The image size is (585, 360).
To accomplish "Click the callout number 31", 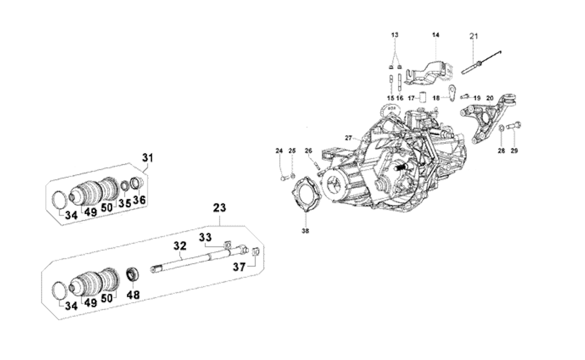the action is [x=148, y=158].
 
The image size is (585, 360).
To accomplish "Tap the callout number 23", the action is [x=220, y=208].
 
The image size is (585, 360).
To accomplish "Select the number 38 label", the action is [x=305, y=231].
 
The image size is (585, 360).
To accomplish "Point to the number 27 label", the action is [x=349, y=138].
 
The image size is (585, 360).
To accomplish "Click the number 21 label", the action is [x=474, y=36].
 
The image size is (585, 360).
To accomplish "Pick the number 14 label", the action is [x=436, y=35].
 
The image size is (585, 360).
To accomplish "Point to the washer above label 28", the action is [x=501, y=128].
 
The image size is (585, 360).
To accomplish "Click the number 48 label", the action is [x=133, y=295].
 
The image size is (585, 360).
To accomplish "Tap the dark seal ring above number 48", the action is [x=133, y=274].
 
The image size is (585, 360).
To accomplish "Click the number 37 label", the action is [x=239, y=267].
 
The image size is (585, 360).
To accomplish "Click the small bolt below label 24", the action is [x=284, y=179].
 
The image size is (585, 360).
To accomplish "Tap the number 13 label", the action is [x=395, y=35].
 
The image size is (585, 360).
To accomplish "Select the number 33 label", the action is [x=205, y=238].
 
